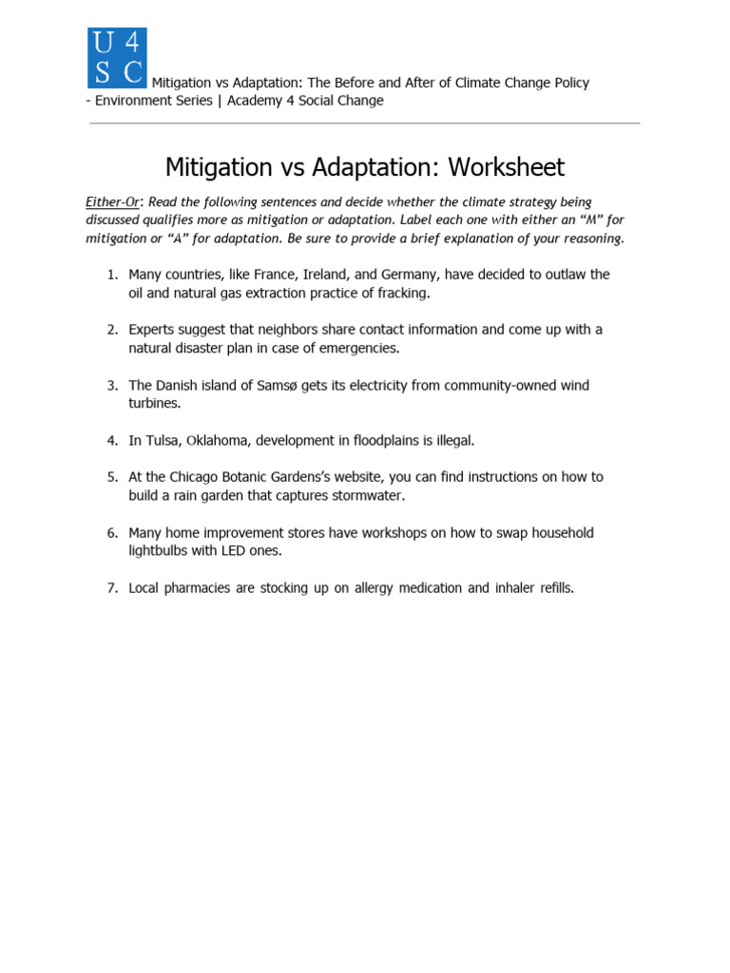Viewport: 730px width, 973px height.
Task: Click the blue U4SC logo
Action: [117, 57]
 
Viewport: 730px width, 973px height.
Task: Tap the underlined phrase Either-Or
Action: [112, 202]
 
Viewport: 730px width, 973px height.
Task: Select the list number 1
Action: [111, 275]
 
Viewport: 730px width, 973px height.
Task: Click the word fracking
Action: [401, 294]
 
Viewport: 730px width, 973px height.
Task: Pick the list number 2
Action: [111, 330]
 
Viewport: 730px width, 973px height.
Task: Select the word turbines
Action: [153, 404]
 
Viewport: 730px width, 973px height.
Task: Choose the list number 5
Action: [111, 477]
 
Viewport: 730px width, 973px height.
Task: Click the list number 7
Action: [111, 588]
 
